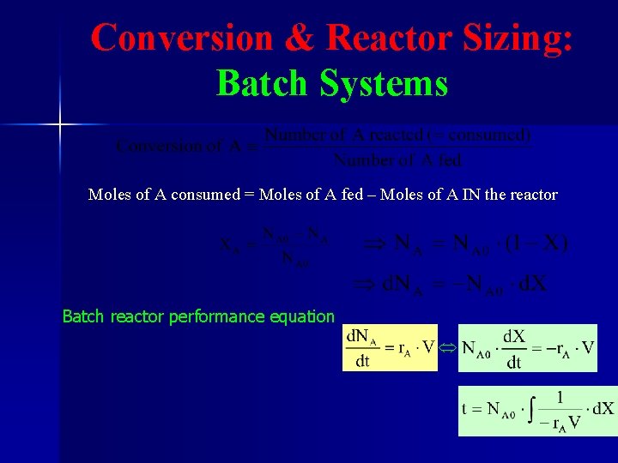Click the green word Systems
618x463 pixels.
[x=384, y=84]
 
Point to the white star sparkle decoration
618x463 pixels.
[x=60, y=125]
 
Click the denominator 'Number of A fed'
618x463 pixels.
[x=397, y=159]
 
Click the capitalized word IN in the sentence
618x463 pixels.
[x=470, y=195]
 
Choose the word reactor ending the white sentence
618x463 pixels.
[x=532, y=195]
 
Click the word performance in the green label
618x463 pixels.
[x=216, y=317]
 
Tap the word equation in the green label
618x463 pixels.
[x=302, y=317]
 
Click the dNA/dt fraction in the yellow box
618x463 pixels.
[x=362, y=347]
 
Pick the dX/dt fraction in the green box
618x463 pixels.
[x=513, y=347]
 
